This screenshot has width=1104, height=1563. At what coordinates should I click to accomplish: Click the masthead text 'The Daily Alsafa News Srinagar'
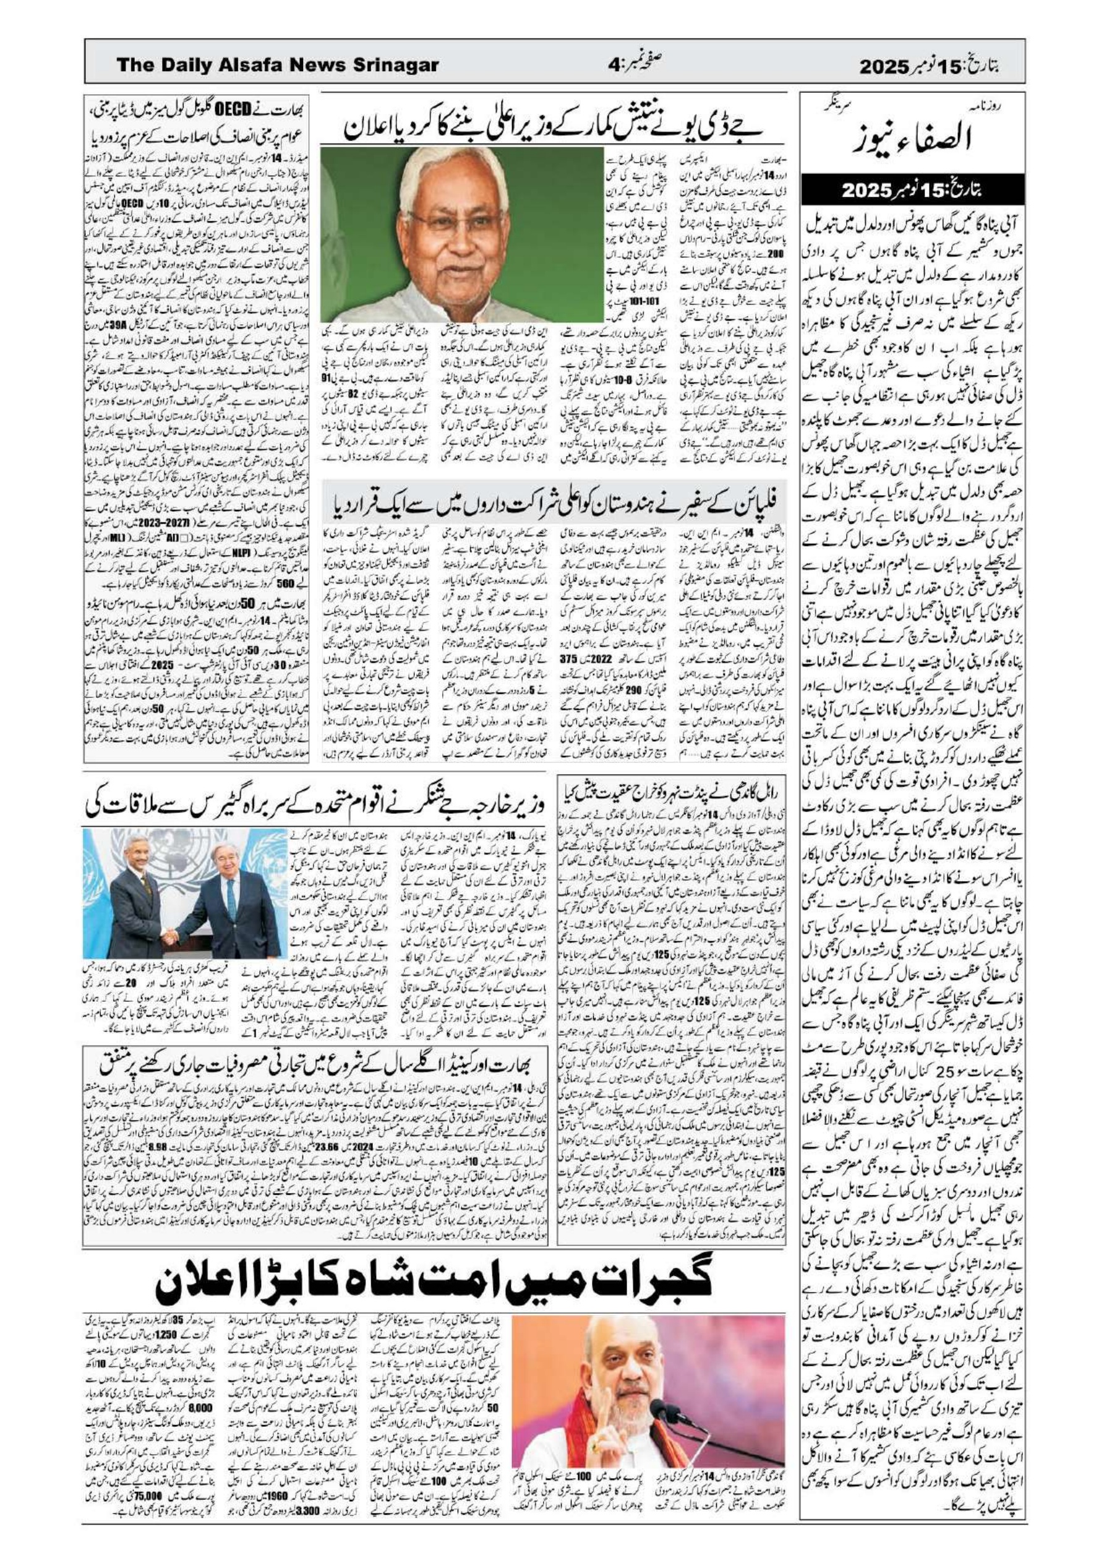(x=277, y=66)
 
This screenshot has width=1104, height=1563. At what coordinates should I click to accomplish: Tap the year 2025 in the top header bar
(x=884, y=67)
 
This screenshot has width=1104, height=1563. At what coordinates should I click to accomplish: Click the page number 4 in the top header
(x=614, y=66)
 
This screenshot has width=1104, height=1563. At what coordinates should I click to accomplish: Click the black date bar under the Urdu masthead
(x=910, y=191)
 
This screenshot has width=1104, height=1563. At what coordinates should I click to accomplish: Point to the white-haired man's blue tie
(x=231, y=898)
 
